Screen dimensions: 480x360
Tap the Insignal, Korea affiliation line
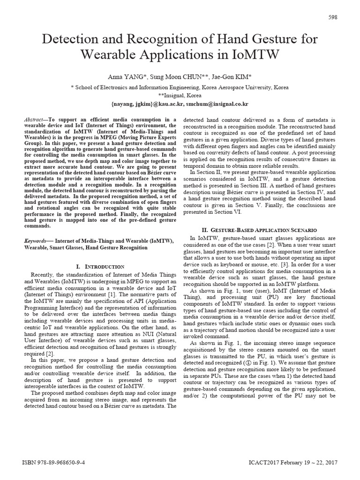point(180,94)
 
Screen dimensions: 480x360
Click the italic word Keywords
point(36,241)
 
